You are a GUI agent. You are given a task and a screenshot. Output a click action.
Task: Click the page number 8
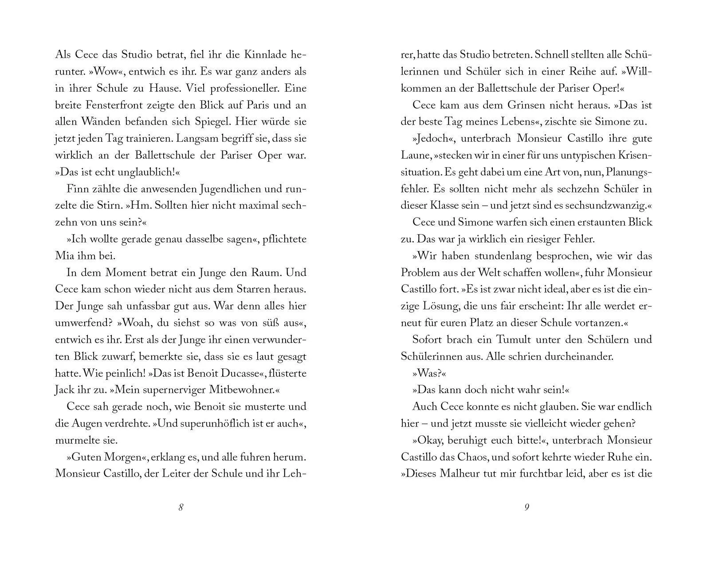tap(181, 508)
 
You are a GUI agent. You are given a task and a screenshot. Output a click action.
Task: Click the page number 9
tap(526, 508)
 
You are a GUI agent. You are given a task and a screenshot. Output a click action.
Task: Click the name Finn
tap(76, 189)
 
